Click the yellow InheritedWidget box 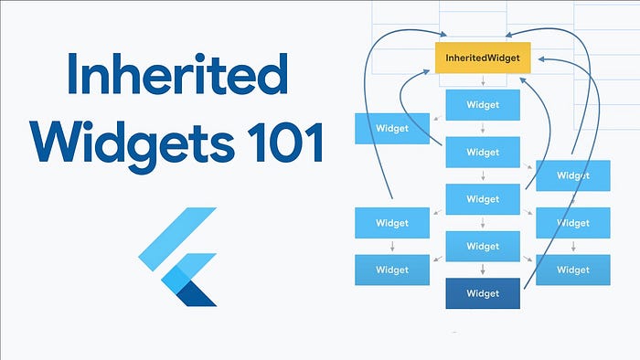(483, 58)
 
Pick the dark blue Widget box (483, 293)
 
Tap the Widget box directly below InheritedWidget (483, 105)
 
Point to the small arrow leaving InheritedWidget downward (483, 82)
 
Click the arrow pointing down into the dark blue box (483, 270)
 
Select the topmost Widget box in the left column (392, 129)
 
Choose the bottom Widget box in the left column (392, 270)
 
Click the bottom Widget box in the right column (572, 270)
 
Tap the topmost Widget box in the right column (572, 175)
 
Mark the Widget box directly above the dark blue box (483, 246)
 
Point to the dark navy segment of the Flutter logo (194, 291)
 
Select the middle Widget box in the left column (392, 223)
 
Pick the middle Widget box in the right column (572, 223)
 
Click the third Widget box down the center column (483, 199)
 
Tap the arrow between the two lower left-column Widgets (392, 247)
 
